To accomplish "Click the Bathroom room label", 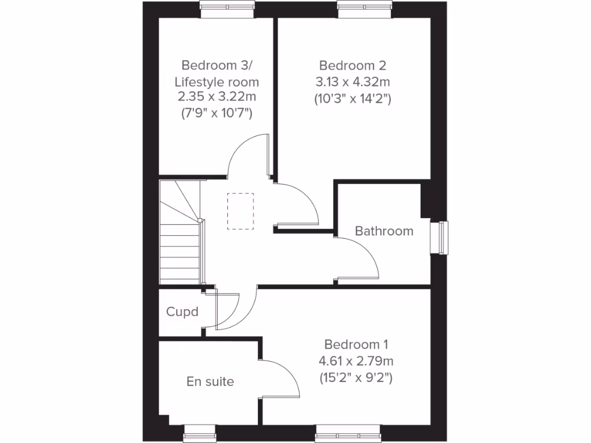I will coord(384,231).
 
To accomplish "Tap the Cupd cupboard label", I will coord(182,312).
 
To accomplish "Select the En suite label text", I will coord(210,381).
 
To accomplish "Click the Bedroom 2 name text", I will coord(353,65).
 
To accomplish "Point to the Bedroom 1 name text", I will coord(356,344).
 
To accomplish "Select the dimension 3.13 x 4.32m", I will coord(353,81).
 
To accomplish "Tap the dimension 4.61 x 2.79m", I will coord(356,362).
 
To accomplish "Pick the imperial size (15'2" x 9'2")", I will coord(356,379).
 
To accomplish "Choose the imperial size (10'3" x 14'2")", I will coord(353,99).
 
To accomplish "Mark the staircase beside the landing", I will coord(179,236).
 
